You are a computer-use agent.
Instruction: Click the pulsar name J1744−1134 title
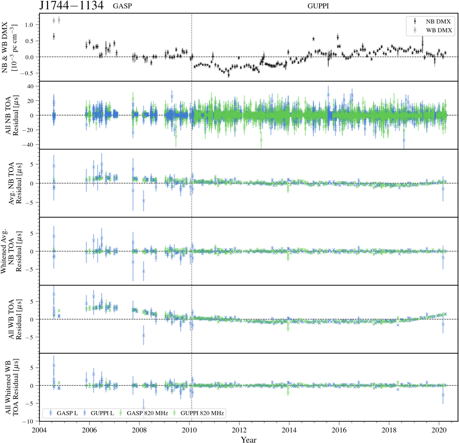pyautogui.click(x=71, y=6)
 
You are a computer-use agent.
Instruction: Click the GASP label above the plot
pyautogui.click(x=122, y=6)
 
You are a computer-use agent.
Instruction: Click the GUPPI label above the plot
pyautogui.click(x=318, y=6)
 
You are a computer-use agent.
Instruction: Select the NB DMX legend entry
pyautogui.click(x=438, y=21)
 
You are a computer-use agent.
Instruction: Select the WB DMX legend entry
pyautogui.click(x=439, y=30)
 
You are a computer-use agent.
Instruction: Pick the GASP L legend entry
pyautogui.click(x=67, y=413)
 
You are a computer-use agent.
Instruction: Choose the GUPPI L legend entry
pyautogui.click(x=102, y=413)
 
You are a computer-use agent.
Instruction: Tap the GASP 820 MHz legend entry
pyautogui.click(x=147, y=413)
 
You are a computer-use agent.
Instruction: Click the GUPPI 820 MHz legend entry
pyautogui.click(x=202, y=413)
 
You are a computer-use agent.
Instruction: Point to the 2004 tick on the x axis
pyautogui.click(x=39, y=430)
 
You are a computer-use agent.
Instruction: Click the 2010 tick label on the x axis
pyautogui.click(x=189, y=430)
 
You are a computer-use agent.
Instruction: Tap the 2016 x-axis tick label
pyautogui.click(x=339, y=430)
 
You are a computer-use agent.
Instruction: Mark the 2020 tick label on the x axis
pyautogui.click(x=439, y=430)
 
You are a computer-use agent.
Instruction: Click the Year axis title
pyautogui.click(x=249, y=439)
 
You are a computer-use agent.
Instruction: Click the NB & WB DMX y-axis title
pyautogui.click(x=9, y=47)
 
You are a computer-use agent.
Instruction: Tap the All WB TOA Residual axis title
pyautogui.click(x=15, y=319)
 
